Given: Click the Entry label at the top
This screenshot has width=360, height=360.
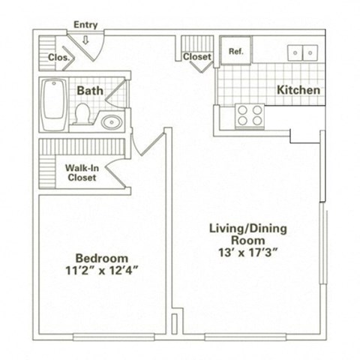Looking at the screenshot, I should tap(85, 25).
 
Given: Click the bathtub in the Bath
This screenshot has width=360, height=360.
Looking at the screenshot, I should tap(53, 104).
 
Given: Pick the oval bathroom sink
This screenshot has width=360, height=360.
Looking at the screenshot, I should tap(111, 121).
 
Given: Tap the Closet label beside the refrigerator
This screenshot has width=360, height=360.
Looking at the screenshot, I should tap(197, 55).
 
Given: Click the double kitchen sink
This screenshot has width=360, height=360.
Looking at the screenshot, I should tap(304, 52).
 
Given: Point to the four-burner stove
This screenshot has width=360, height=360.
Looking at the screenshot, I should tap(250, 115).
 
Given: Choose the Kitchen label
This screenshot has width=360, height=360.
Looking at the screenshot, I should tap(299, 90).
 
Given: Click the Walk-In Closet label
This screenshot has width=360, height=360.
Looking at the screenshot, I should tap(82, 173).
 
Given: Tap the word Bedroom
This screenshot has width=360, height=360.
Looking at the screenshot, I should tap(104, 256).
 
